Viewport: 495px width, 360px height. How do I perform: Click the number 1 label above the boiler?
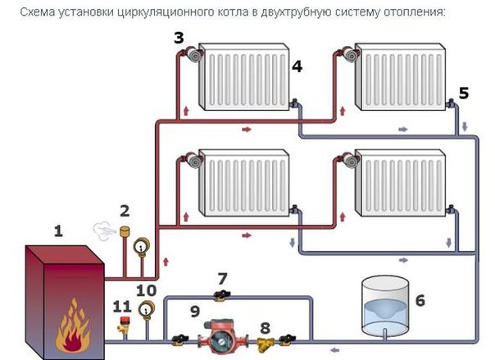58,231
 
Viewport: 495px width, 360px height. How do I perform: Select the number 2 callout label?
125,212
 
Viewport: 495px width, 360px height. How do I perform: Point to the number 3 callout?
179,37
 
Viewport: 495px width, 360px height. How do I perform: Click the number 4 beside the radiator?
297,67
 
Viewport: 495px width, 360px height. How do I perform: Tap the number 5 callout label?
464,93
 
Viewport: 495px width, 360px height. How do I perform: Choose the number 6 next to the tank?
420,300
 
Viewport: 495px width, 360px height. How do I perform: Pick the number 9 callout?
194,311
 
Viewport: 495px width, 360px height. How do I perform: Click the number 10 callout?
146,289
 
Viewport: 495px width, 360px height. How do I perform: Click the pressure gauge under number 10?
148,309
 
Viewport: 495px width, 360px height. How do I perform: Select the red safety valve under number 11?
125,326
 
